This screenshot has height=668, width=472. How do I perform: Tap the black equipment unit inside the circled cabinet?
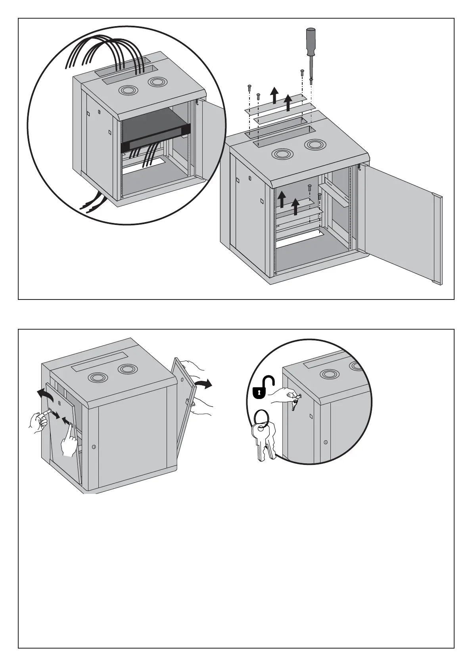tap(155, 131)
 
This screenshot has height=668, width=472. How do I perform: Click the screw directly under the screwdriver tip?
tap(311, 81)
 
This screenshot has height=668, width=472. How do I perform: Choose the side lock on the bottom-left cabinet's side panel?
tap(94, 447)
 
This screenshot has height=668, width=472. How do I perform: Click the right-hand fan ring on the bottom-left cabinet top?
tap(127, 369)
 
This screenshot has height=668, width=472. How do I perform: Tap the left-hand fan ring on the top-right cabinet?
tap(281, 154)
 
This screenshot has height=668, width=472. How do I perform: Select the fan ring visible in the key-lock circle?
tap(329, 374)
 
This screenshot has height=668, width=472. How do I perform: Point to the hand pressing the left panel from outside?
tap(38, 421)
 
